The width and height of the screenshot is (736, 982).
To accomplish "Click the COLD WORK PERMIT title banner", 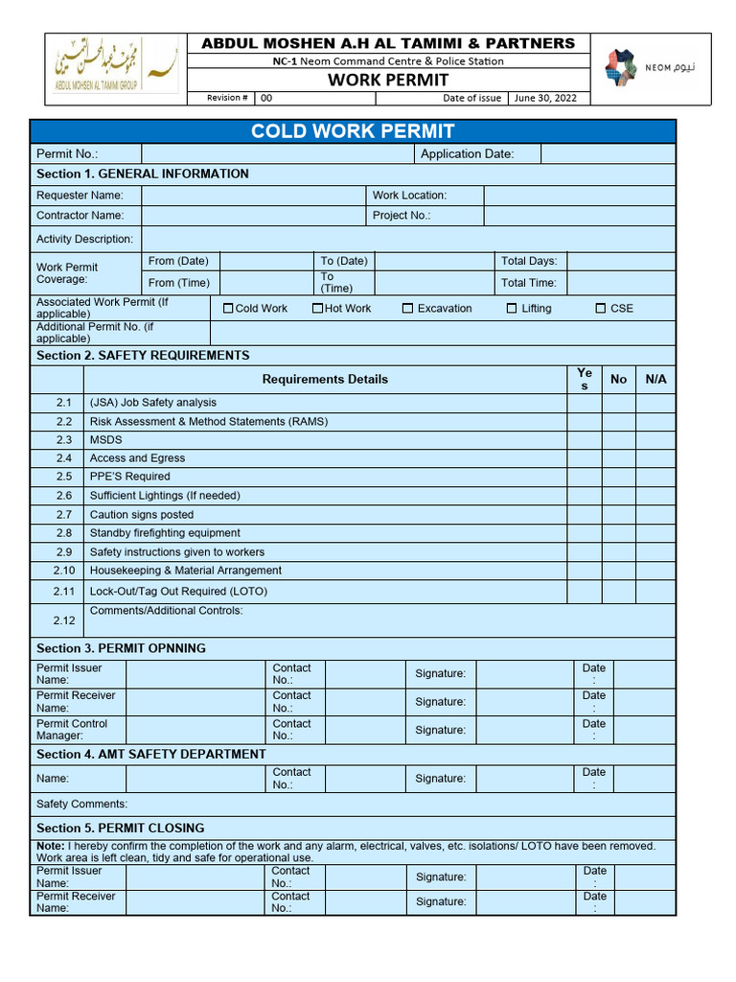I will (x=353, y=131).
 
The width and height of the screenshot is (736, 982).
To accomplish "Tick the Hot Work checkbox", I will (x=317, y=308).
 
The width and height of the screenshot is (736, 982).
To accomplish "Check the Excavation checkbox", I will (x=407, y=308).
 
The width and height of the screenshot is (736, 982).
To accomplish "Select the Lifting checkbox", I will (x=512, y=308).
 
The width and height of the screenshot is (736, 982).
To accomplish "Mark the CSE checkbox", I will (x=601, y=308).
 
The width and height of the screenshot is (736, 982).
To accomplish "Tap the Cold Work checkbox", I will (x=228, y=308).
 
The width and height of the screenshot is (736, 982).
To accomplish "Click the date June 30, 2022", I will (x=545, y=98).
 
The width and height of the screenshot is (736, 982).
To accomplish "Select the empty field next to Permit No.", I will (x=277, y=154).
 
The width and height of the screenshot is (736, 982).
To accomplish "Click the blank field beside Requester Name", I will (x=253, y=196).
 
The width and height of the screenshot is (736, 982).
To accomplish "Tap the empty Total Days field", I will (x=622, y=261).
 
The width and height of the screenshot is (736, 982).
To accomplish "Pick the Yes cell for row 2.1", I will (x=584, y=403).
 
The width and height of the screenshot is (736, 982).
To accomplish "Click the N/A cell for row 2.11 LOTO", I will (x=655, y=592).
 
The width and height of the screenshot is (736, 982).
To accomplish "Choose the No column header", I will (x=618, y=379).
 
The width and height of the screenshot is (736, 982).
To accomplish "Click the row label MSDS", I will (x=105, y=439).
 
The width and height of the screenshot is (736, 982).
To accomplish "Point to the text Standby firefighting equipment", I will (x=165, y=533).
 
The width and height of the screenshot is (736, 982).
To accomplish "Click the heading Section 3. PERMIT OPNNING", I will (x=121, y=648).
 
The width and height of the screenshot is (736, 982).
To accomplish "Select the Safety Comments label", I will (x=81, y=804).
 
